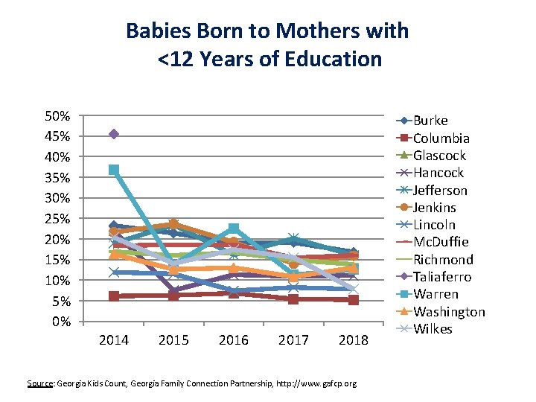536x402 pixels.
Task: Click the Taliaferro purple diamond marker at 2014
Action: point(114,134)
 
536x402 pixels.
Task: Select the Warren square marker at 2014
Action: point(114,170)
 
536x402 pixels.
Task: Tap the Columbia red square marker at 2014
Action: point(114,296)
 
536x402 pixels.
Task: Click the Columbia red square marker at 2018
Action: point(354,300)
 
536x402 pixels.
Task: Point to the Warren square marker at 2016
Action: point(234,228)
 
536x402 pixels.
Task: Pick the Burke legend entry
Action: point(430,121)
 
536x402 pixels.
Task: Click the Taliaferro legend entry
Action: point(441,277)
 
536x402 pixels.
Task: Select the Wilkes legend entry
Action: point(433,329)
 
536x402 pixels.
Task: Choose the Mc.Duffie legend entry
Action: point(441,242)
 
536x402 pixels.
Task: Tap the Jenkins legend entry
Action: point(435,208)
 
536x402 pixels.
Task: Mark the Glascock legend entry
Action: point(439,156)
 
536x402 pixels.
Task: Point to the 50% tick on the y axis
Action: point(58,116)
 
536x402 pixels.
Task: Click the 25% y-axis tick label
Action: point(58,219)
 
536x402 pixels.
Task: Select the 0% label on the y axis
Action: point(62,322)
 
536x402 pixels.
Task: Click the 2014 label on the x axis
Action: point(114,340)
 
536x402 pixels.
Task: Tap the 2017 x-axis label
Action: point(293,340)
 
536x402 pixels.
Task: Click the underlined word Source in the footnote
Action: point(40,383)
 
